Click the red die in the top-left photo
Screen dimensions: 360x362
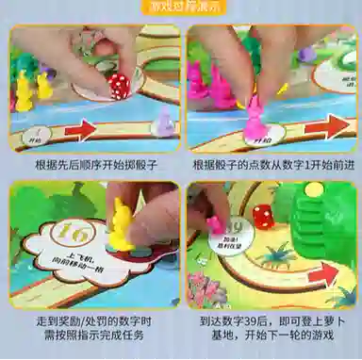pyautogui.click(x=118, y=87)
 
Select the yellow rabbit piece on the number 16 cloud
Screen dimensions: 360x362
pyautogui.click(x=122, y=222)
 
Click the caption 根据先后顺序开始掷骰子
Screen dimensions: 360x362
pyautogui.click(x=94, y=164)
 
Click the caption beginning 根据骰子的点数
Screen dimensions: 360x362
pyautogui.click(x=273, y=164)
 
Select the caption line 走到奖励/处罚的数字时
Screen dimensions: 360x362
pyautogui.click(x=94, y=320)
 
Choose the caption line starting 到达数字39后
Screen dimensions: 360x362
pyautogui.click(x=273, y=320)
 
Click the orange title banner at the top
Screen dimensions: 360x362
pyautogui.click(x=180, y=7)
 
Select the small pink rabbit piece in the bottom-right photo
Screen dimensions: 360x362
pyautogui.click(x=215, y=226)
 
